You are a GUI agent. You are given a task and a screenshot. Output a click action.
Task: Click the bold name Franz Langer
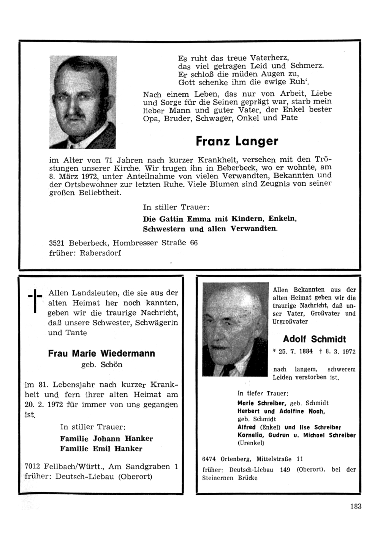pyautogui.click(x=237, y=141)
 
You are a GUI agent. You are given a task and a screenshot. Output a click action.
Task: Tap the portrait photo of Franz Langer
pyautogui.click(x=82, y=102)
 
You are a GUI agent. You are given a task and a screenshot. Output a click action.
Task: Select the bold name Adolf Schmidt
pyautogui.click(x=314, y=339)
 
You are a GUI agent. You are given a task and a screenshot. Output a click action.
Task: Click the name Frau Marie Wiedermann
pyautogui.click(x=101, y=353)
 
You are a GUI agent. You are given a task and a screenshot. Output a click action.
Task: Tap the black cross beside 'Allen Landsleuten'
pyautogui.click(x=35, y=301)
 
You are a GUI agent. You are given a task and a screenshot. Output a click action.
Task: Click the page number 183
pyautogui.click(x=355, y=506)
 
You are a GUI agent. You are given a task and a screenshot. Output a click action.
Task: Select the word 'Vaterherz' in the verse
pyautogui.click(x=270, y=58)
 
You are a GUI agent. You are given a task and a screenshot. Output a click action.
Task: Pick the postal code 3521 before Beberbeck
pyautogui.click(x=57, y=243)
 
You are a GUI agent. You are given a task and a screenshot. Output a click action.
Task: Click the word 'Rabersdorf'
pyautogui.click(x=100, y=253)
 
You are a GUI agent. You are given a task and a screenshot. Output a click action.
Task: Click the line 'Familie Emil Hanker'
pyautogui.click(x=101, y=448)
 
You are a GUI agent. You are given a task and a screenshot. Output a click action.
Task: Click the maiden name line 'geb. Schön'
pyautogui.click(x=102, y=365)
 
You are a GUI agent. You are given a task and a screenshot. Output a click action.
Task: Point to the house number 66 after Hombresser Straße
pyautogui.click(x=193, y=243)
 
